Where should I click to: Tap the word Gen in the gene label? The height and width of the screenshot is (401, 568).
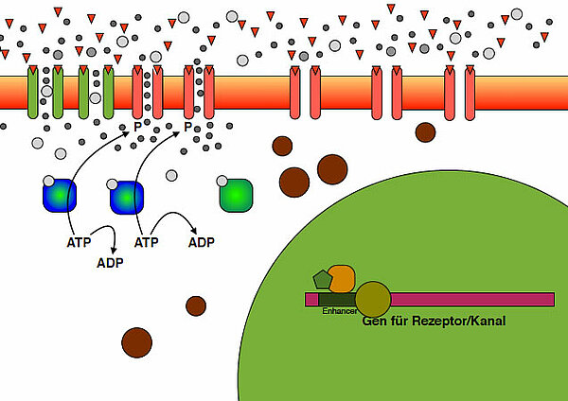[375, 322]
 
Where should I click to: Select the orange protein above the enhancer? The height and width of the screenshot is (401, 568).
[342, 278]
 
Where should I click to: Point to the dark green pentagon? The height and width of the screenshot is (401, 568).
[322, 279]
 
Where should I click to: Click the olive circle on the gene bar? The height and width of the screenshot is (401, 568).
[372, 299]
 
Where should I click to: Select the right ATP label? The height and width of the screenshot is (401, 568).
[146, 242]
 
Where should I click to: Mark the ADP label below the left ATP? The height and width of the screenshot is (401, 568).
[110, 262]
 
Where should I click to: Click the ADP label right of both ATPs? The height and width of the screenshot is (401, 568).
[201, 242]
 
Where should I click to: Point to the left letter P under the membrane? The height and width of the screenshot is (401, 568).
[137, 127]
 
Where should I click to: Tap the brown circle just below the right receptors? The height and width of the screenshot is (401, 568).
[425, 131]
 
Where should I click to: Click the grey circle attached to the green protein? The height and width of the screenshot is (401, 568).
[222, 180]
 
